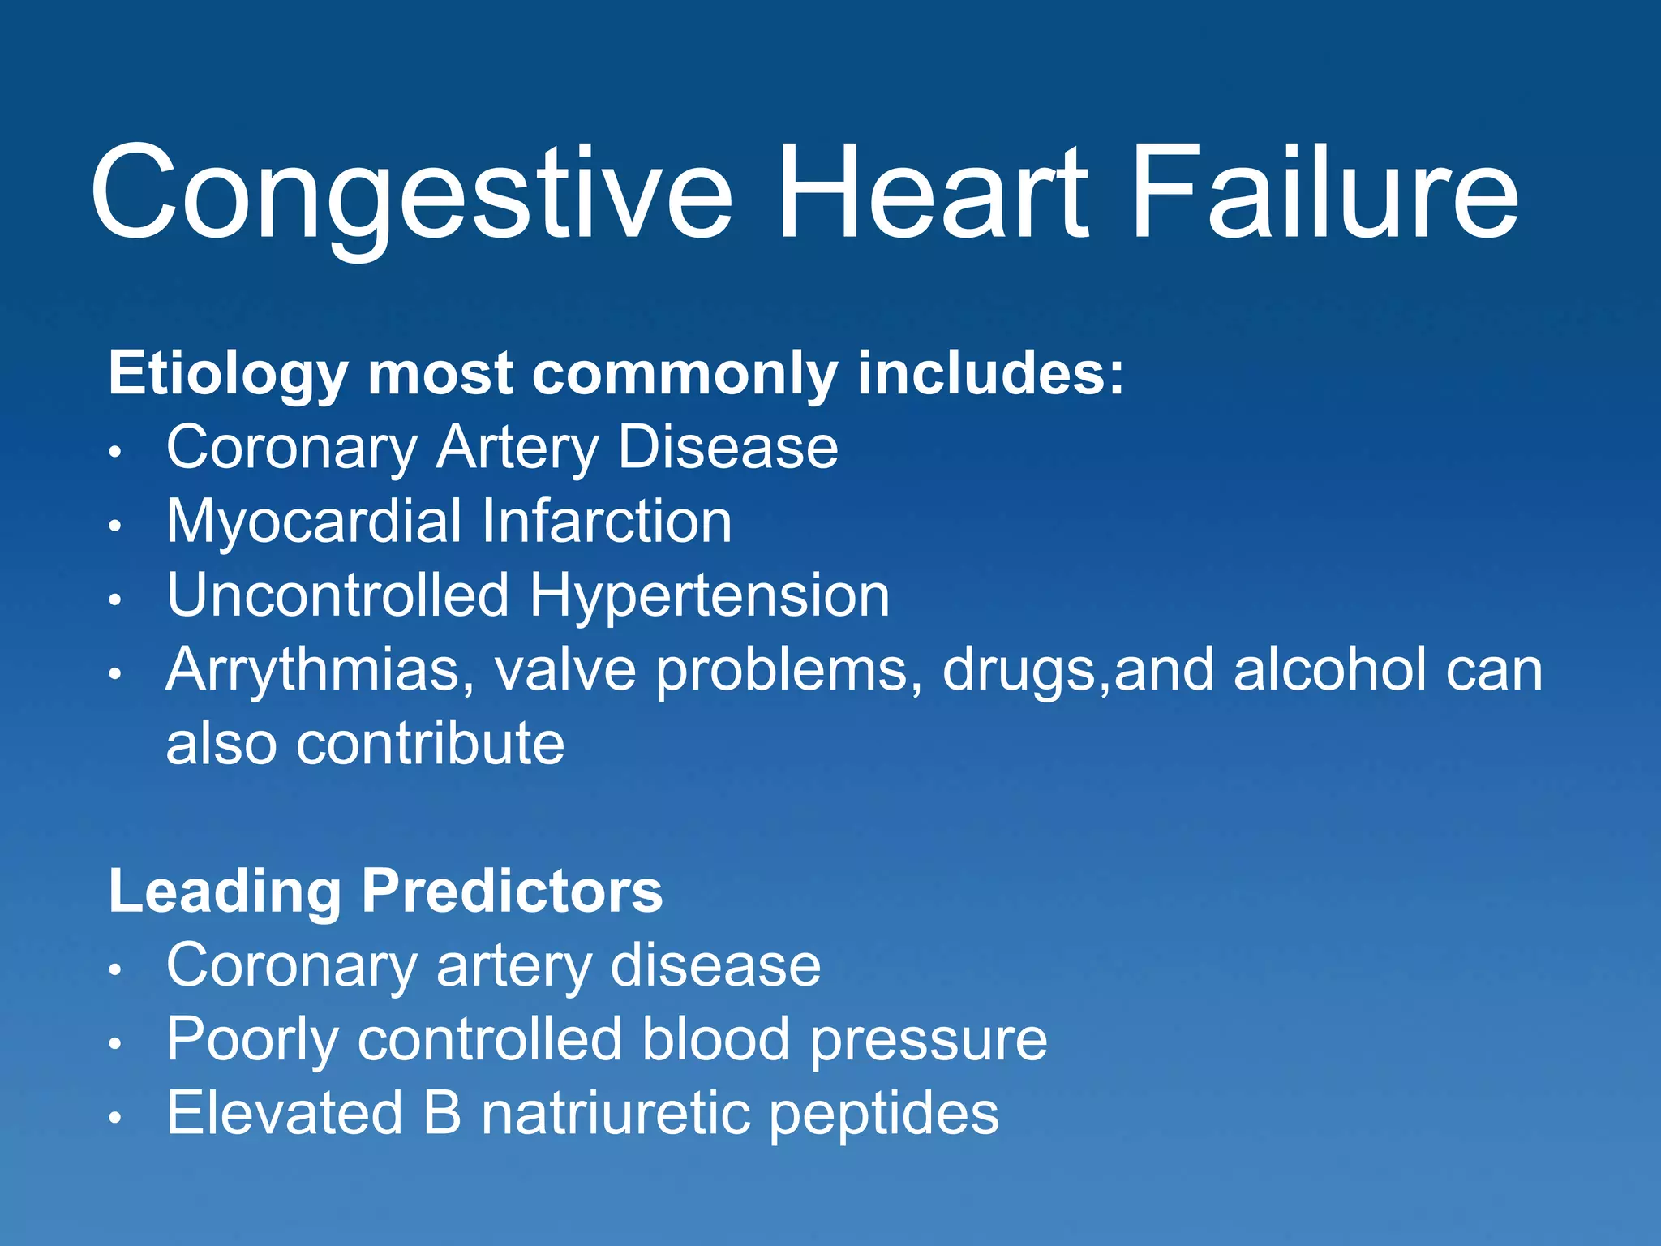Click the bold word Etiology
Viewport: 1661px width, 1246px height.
coord(228,375)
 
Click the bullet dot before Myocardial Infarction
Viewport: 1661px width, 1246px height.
coord(116,526)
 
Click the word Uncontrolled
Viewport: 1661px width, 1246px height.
coord(337,595)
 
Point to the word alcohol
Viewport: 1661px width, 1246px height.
coord(1329,670)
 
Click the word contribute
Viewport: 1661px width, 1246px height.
coord(430,743)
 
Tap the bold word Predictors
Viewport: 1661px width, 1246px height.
coord(512,892)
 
